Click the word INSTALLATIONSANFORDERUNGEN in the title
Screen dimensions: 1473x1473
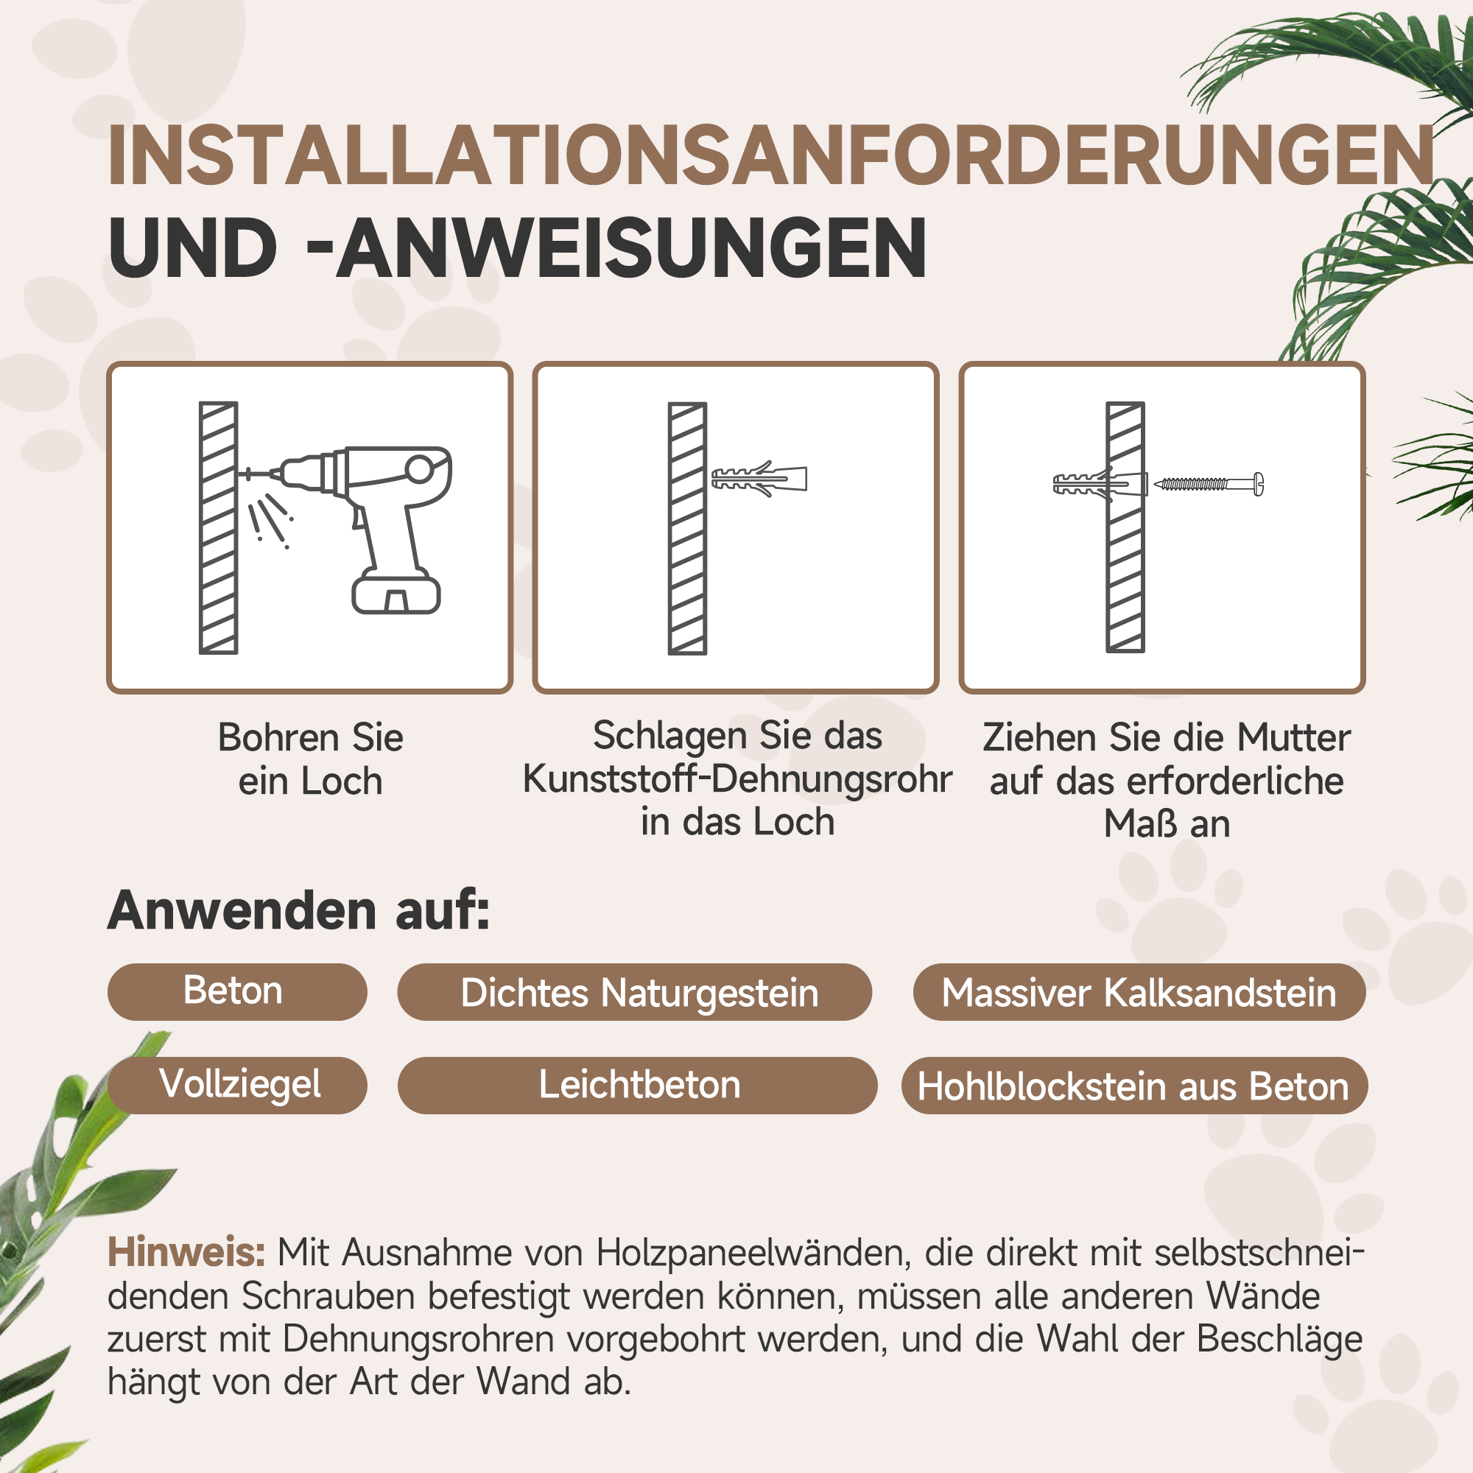[770, 156]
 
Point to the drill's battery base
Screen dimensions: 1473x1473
[396, 594]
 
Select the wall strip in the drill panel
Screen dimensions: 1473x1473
[218, 527]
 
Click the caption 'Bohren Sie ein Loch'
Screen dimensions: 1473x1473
[310, 759]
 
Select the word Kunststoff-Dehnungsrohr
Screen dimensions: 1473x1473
[737, 779]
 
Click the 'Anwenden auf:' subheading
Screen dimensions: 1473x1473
[299, 910]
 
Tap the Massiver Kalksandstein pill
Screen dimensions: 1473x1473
[1139, 993]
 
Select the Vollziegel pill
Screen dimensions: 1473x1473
[238, 1085]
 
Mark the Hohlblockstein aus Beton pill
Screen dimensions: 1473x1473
[1133, 1086]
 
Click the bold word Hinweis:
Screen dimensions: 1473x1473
[186, 1252]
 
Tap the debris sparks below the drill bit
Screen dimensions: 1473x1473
[268, 518]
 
